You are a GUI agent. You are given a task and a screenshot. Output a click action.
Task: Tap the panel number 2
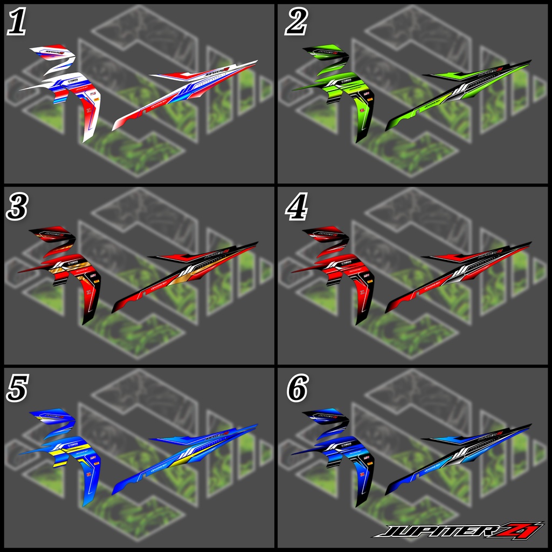pos(296,23)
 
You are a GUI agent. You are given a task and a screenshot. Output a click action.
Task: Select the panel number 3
pos(16,207)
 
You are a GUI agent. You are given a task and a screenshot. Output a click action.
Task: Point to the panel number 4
pos(296,207)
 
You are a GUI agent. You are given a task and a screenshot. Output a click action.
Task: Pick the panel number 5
pos(16,390)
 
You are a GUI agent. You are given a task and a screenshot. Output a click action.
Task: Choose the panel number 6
pos(297,390)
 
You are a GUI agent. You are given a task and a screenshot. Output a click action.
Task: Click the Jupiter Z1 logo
pos(458,530)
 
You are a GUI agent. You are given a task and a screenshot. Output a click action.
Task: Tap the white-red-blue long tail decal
pos(183,94)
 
